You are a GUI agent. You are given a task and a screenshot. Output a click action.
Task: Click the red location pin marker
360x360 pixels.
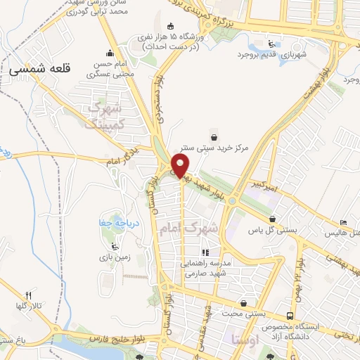(x=181, y=167)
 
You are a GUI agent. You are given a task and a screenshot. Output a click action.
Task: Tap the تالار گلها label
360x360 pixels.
(x=29, y=307)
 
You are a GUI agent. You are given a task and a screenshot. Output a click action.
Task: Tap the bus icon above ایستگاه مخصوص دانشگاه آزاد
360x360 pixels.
(x=290, y=316)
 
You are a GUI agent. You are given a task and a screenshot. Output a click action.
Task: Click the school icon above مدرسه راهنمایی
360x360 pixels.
(x=205, y=252)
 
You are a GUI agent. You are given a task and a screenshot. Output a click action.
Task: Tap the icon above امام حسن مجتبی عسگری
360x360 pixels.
(x=110, y=53)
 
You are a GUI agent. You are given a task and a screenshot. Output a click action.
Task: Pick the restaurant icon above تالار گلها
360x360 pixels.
(x=29, y=295)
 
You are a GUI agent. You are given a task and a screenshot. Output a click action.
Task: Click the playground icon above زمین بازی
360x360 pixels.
(x=117, y=246)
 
